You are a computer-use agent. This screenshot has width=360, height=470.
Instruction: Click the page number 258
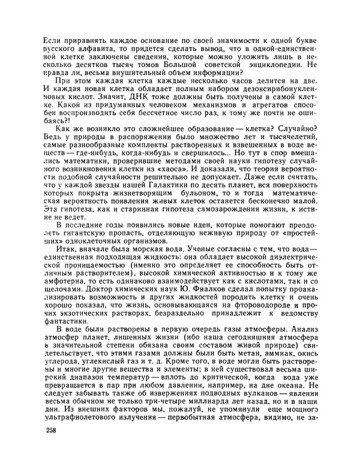[x=52, y=448]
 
